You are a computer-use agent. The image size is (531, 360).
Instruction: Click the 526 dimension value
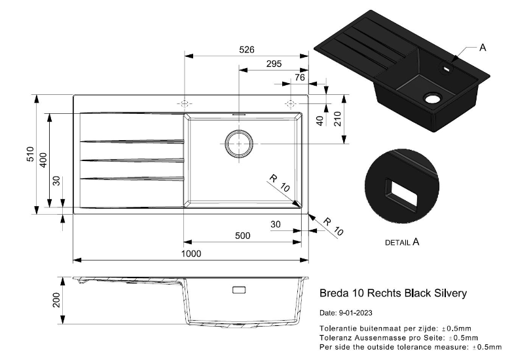click(x=247, y=50)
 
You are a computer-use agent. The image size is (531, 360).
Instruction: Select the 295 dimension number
click(x=274, y=63)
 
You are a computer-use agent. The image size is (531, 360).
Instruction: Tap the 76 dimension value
click(x=300, y=77)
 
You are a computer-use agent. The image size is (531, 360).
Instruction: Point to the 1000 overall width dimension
click(x=191, y=254)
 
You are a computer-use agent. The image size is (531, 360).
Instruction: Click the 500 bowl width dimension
click(x=242, y=236)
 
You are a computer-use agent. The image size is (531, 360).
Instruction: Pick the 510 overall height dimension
click(x=31, y=154)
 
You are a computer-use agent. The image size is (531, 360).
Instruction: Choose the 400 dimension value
click(x=44, y=160)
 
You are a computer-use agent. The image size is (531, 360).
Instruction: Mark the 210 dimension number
click(x=338, y=119)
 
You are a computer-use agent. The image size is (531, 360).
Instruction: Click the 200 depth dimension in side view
click(x=56, y=300)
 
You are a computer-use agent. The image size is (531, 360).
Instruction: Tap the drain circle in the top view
click(x=239, y=143)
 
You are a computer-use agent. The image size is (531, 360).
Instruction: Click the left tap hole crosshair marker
click(x=184, y=104)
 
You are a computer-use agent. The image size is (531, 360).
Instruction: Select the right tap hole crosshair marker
click(x=291, y=103)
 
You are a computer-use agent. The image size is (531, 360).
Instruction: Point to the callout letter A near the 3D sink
click(x=483, y=48)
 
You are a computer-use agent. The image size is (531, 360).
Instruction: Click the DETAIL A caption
click(x=402, y=242)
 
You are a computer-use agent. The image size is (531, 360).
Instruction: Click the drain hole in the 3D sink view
click(x=431, y=99)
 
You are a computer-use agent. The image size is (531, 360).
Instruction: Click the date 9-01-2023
click(x=356, y=313)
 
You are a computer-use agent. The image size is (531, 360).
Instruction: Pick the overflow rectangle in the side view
click(x=239, y=290)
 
